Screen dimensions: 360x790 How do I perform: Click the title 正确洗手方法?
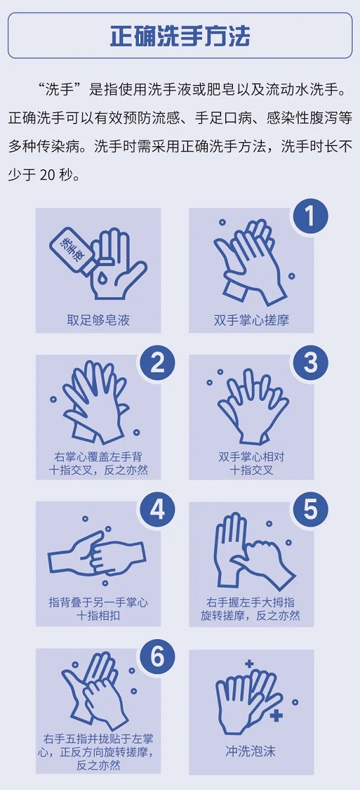(180, 36)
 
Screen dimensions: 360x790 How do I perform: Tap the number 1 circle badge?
(310, 216)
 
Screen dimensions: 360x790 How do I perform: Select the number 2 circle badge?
(157, 363)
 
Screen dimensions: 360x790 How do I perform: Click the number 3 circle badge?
(310, 363)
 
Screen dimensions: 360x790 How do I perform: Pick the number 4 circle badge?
(157, 510)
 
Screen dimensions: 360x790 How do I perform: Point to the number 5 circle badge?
(310, 510)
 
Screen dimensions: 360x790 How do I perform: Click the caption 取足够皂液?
(98, 320)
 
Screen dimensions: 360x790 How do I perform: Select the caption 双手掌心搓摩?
(251, 320)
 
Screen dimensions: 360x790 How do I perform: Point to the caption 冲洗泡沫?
(250, 751)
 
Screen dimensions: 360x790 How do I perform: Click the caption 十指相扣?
(98, 616)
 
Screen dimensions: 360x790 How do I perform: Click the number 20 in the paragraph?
(47, 175)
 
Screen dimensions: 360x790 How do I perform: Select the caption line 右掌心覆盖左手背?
(98, 457)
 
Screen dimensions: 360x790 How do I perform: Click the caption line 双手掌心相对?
(251, 457)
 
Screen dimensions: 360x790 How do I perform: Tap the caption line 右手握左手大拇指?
(250, 602)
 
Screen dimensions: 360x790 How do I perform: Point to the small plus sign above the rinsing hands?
(249, 664)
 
